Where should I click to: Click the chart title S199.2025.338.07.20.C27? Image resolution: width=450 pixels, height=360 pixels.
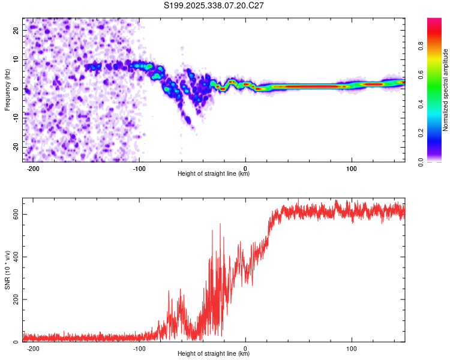tap(214, 5)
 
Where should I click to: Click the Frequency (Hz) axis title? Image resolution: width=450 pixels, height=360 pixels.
tap(7, 90)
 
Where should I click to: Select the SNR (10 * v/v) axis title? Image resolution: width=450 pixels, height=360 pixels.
tap(7, 271)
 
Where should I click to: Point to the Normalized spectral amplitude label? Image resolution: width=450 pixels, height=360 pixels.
tap(446, 90)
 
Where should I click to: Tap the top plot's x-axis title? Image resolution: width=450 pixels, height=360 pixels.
tap(214, 174)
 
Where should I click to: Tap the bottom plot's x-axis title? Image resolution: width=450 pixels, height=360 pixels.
tap(214, 354)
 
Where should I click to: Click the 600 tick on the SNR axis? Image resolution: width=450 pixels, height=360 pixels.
tap(14, 214)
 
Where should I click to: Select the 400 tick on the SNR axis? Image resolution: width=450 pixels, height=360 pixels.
tap(14, 257)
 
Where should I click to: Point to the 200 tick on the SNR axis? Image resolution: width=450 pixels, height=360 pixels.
tap(14, 299)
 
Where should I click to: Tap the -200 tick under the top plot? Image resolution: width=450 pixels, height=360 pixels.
tap(33, 169)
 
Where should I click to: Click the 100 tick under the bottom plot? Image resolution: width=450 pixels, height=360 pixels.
tap(352, 348)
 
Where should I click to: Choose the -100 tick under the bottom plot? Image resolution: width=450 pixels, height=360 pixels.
tap(139, 348)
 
